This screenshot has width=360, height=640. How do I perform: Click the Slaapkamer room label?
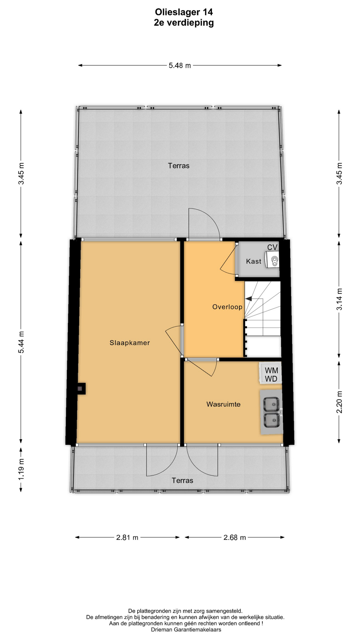[x=130, y=343]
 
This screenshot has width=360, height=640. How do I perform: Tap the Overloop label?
[x=227, y=307]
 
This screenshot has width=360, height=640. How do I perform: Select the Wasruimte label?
[x=223, y=404]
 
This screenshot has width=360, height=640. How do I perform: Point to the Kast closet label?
[x=254, y=261]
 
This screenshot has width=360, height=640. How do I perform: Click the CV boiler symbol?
[x=272, y=260]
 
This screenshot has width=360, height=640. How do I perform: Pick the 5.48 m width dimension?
[x=180, y=66]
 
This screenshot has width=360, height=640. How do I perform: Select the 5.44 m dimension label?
[x=21, y=342]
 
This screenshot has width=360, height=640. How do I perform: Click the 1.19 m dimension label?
[x=21, y=469]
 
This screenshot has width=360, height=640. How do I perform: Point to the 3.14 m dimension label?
[x=339, y=299]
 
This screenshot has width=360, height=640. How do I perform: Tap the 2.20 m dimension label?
[x=339, y=402]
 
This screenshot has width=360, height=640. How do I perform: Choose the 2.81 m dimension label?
[x=127, y=537]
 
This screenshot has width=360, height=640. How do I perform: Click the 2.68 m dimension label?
[x=235, y=537]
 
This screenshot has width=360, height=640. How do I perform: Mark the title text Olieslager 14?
[x=184, y=12]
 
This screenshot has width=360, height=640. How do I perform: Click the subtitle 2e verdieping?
[x=184, y=23]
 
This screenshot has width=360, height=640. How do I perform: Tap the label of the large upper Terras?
[x=179, y=166]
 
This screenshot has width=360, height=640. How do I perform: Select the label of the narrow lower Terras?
[x=182, y=480]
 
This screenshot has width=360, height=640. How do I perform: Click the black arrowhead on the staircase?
[x=249, y=299]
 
